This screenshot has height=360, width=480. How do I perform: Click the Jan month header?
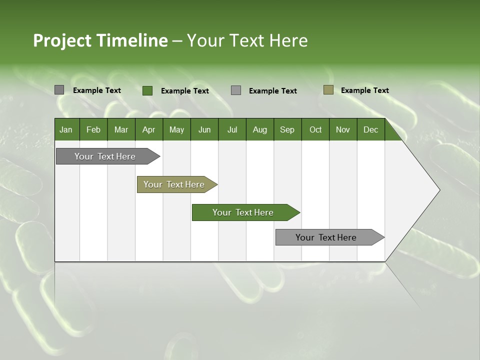click(x=66, y=129)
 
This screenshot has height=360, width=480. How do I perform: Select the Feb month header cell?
click(x=93, y=129)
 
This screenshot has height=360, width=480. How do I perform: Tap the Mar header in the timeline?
click(x=121, y=129)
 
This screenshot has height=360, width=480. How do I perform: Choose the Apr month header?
click(x=148, y=129)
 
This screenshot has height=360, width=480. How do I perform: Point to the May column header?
click(x=176, y=129)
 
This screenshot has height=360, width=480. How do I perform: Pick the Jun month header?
click(x=204, y=129)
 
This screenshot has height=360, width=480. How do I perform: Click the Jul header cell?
click(x=232, y=129)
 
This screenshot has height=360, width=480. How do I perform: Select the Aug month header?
click(x=260, y=129)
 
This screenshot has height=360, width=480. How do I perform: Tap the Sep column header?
click(x=287, y=129)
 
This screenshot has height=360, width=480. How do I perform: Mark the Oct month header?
click(x=315, y=129)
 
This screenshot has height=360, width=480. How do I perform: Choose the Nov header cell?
click(x=343, y=129)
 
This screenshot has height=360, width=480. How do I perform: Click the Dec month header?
click(x=371, y=129)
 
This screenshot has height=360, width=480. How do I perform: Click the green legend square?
click(x=147, y=90)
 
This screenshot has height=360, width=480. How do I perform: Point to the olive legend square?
click(x=328, y=90)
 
